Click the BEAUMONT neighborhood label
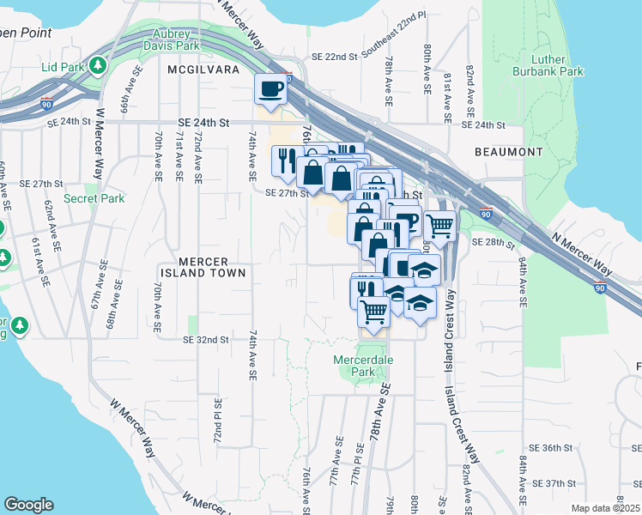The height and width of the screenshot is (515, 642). pos(508,152)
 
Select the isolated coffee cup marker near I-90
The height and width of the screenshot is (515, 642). pos(271,89)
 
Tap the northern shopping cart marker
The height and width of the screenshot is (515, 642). pos(439,227)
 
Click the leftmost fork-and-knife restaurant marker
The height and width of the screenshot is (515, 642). pos(287,160)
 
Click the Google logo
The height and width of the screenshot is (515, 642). pos(28,505)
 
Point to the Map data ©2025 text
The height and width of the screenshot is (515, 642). pos(604,508)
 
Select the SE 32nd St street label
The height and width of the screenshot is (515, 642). pos(206,340)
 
